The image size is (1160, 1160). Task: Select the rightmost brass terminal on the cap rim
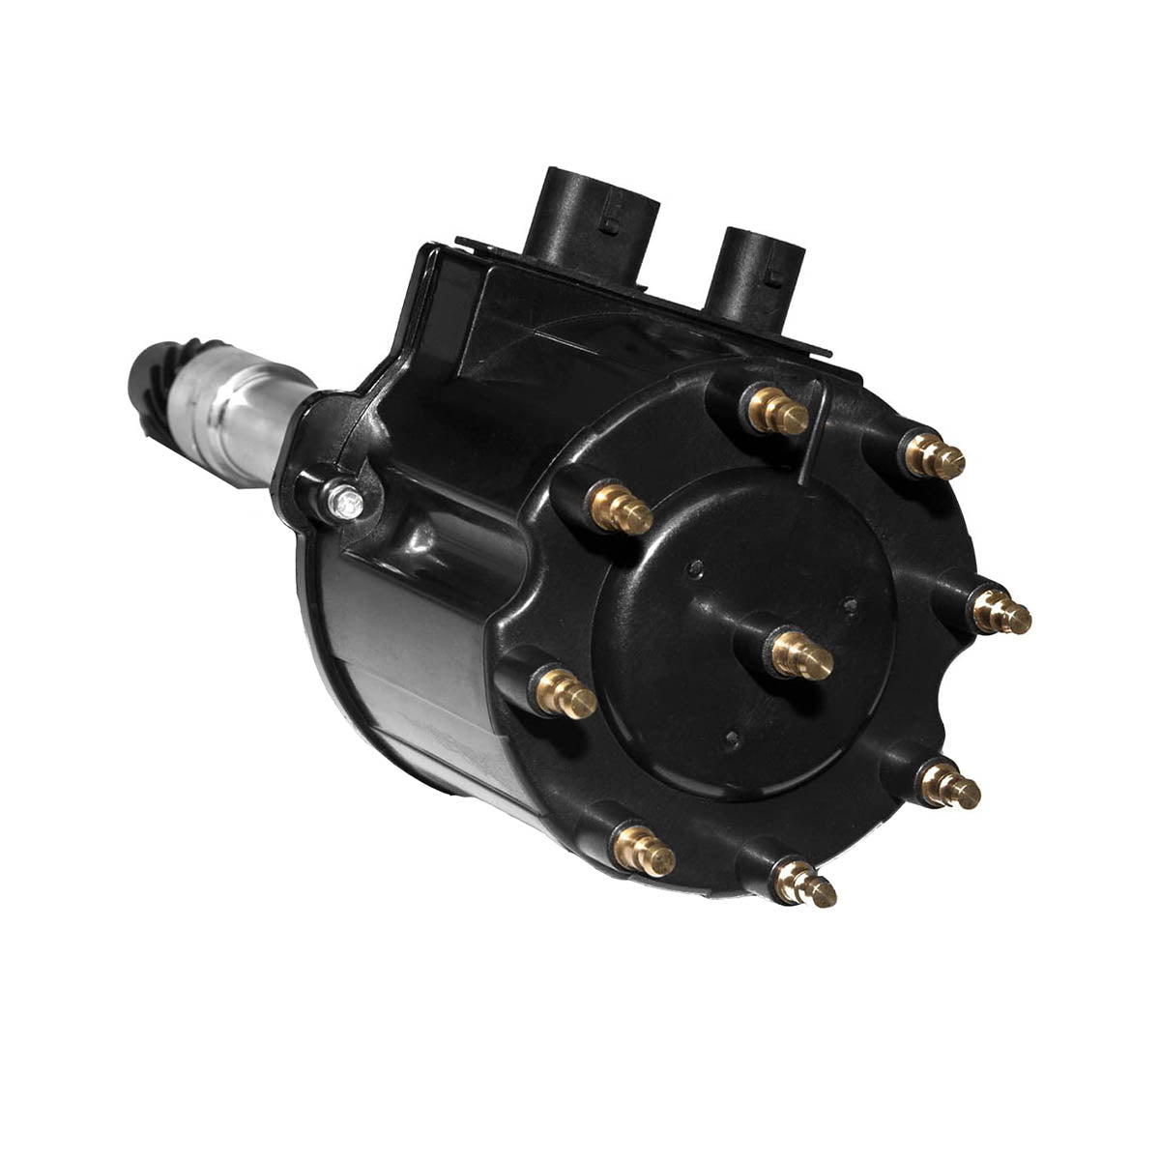(1001, 611)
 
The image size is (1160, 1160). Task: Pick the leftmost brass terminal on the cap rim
(565, 693)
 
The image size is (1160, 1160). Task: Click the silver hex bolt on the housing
(345, 501)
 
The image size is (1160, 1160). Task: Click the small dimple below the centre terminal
(732, 739)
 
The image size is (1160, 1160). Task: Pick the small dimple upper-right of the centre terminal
(850, 606)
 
